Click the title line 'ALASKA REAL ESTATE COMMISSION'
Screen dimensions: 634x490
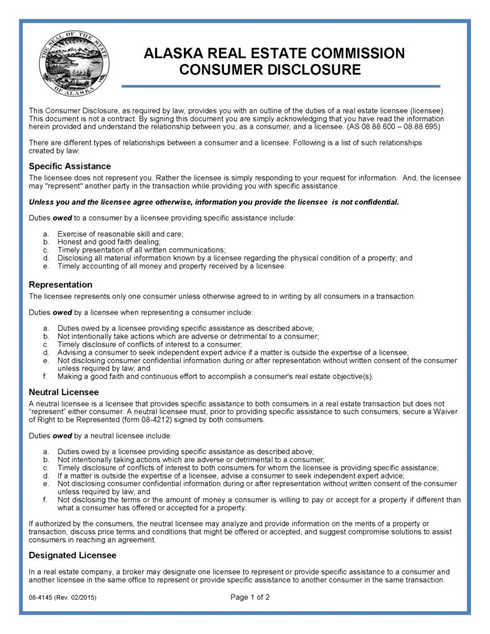point(274,54)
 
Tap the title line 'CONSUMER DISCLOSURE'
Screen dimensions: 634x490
point(270,70)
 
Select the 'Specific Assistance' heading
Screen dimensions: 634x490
point(70,166)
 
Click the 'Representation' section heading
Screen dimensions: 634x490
point(61,284)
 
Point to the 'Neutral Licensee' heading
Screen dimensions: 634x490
point(64,392)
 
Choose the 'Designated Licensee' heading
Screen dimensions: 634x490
point(72,555)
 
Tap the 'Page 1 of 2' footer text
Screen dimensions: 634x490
point(249,598)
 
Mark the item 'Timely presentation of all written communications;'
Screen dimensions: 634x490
point(142,250)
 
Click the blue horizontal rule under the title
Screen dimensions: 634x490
point(281,86)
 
